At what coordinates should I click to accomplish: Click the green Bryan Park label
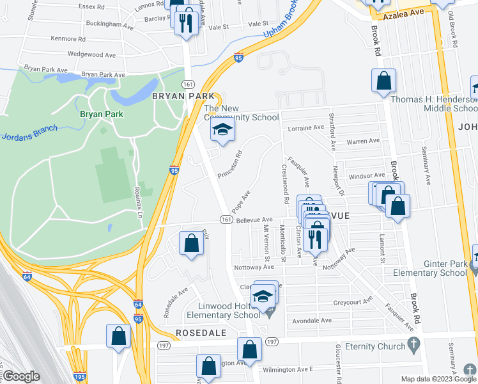101,114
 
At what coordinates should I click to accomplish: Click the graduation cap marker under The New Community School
223,131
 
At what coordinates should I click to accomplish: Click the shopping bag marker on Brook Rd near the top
383,81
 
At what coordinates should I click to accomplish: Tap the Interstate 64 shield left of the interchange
27,276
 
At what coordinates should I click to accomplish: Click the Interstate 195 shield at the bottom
79,378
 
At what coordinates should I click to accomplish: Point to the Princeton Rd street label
231,164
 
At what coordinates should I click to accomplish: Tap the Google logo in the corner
21,376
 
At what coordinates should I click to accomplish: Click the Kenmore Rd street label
68,39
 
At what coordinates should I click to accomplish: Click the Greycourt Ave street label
352,302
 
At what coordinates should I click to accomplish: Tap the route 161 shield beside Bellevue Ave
226,220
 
